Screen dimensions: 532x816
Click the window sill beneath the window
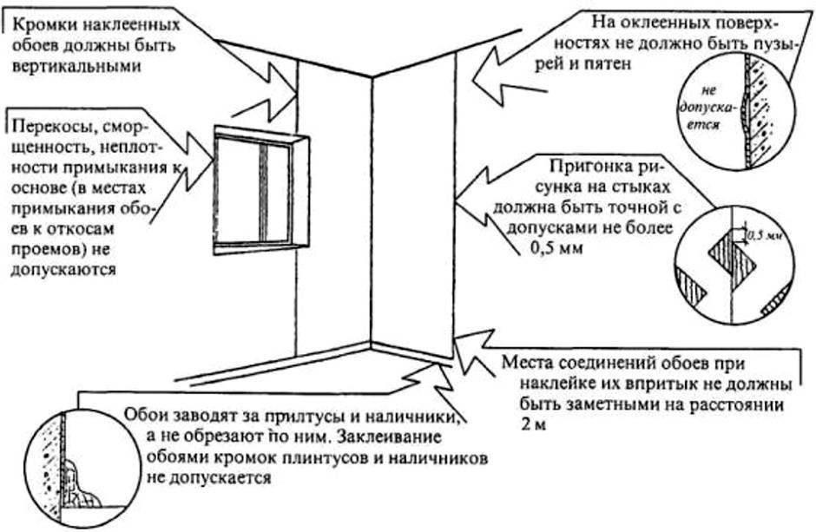tap(260, 249)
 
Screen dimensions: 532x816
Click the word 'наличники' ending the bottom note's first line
tap(418, 416)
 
